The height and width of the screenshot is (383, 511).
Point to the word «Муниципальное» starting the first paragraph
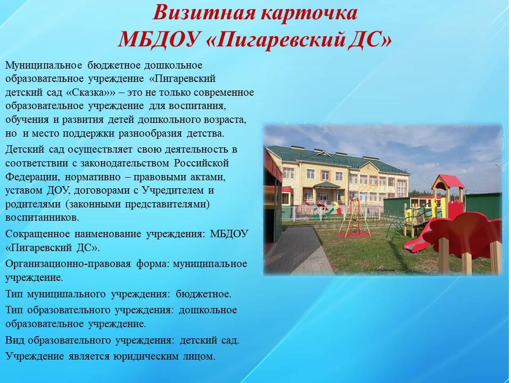(44, 65)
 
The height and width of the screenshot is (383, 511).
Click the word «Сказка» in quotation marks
(87, 93)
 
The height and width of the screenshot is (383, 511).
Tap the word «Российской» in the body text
(201, 163)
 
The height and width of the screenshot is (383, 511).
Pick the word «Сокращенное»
(37, 234)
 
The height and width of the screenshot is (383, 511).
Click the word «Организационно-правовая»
(68, 264)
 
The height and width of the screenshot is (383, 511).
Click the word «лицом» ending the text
(199, 356)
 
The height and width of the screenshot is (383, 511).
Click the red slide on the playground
(420, 235)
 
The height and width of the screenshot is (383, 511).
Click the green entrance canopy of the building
(327, 185)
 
